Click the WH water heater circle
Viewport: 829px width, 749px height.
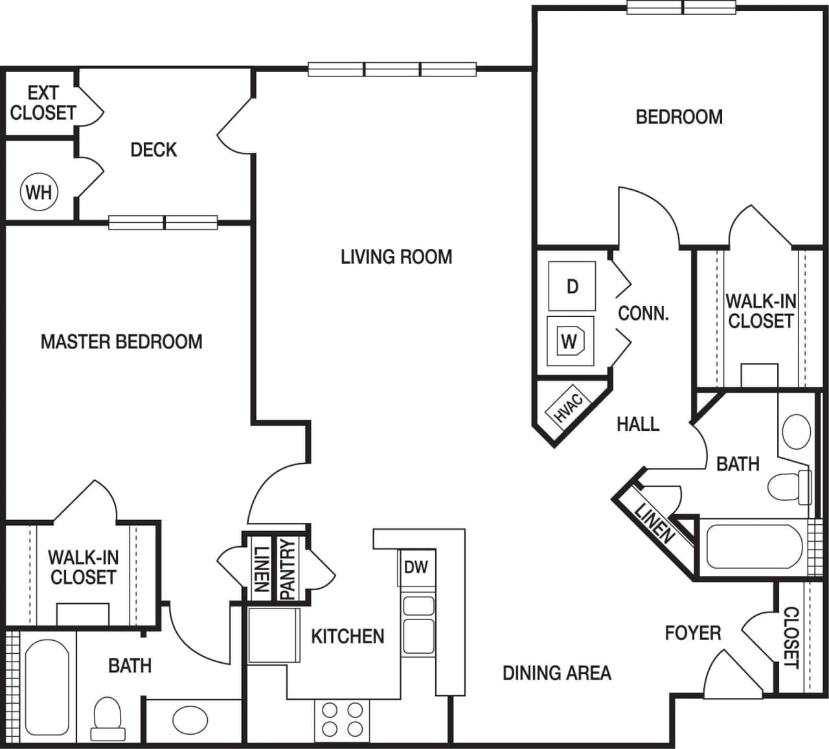39,192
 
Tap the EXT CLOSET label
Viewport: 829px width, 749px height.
43,103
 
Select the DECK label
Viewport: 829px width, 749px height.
153,150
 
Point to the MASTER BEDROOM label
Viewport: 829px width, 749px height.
121,341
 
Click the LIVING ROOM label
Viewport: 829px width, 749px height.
396,257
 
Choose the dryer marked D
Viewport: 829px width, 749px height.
572,286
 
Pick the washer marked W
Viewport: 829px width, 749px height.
569,341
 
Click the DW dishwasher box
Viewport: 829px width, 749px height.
416,568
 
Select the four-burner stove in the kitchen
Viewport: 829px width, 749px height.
341,720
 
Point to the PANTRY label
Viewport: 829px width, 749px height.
287,569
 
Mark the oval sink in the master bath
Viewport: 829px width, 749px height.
190,719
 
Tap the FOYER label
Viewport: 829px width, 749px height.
692,633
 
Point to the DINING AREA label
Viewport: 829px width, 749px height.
556,673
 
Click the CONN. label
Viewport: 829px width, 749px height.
642,314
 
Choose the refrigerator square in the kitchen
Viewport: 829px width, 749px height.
274,635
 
